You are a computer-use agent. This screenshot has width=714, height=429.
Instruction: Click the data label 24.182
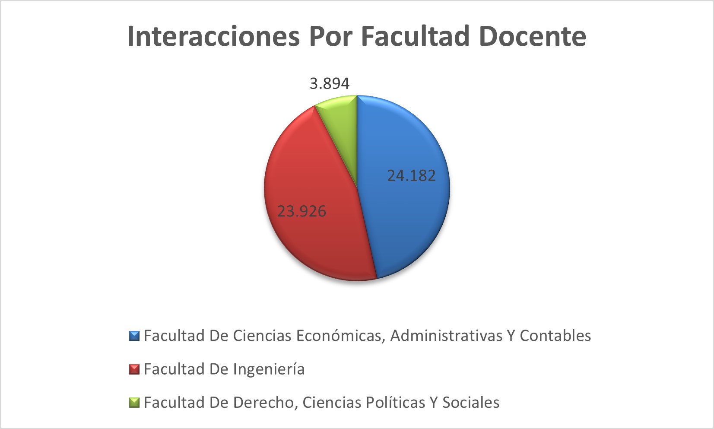[411, 175]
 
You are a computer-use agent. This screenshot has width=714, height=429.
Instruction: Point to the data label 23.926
[301, 211]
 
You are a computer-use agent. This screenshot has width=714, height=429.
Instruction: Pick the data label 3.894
[330, 83]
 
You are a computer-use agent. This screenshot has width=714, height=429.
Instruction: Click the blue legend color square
[134, 336]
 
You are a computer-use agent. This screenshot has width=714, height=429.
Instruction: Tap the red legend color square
[134, 369]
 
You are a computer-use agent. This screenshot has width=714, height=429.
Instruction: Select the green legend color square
[134, 403]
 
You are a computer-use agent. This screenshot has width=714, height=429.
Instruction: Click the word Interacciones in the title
[213, 36]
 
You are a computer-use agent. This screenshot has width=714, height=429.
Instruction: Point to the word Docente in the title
[532, 36]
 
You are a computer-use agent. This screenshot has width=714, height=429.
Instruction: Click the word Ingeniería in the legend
[269, 369]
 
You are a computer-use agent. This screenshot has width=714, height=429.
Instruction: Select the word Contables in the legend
[555, 336]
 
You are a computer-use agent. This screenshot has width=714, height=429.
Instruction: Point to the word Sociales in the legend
[471, 403]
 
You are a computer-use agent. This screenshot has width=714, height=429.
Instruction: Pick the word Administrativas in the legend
[446, 336]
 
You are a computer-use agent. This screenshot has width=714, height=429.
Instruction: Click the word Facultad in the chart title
[415, 36]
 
